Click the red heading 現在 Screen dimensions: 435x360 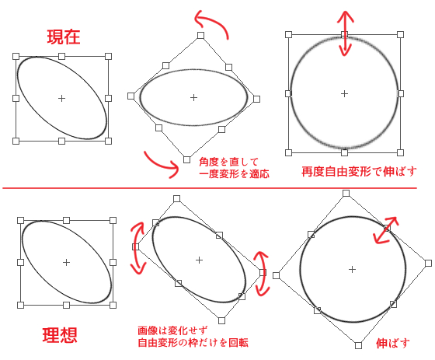point(64,37)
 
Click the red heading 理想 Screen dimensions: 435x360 point(60,335)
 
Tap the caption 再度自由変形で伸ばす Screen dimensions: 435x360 point(359,172)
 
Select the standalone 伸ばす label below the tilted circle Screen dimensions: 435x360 point(393,344)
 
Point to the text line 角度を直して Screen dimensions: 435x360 point(228,162)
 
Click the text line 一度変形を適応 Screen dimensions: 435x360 point(234,174)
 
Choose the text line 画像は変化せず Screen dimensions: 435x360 point(172,330)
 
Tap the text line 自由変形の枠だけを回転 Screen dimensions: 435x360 point(193,343)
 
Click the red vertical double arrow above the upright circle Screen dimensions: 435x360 point(345,33)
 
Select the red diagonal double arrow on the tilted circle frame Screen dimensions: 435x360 point(386,230)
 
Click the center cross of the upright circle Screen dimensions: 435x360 point(344,93)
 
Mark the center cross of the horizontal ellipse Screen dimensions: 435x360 point(193,97)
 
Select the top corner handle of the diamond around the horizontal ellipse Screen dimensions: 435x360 point(200,35)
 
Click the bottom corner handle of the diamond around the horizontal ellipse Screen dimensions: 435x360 point(186,159)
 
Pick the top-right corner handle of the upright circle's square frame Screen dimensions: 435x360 point(400,34)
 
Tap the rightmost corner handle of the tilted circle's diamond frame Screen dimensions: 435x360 point(428,263)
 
